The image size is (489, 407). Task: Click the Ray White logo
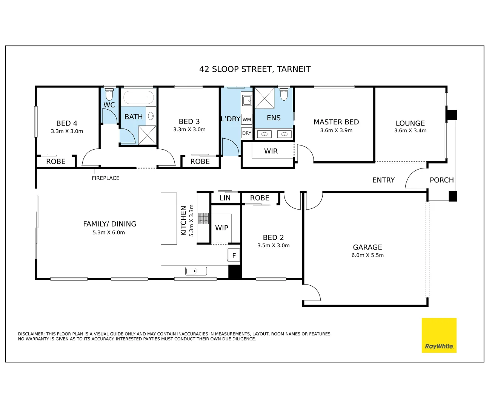click(x=439, y=335)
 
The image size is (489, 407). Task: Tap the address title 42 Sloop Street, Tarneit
click(x=255, y=69)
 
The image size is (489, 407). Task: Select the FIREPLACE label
click(x=105, y=178)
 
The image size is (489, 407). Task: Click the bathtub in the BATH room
click(x=138, y=97)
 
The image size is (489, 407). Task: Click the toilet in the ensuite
click(x=284, y=94)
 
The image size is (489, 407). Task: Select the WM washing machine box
click(x=247, y=119)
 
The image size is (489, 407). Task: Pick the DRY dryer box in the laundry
click(x=247, y=133)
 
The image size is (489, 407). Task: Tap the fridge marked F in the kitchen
click(x=234, y=256)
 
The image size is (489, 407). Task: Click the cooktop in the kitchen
click(x=203, y=219)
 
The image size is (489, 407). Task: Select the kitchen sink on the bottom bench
click(x=196, y=271)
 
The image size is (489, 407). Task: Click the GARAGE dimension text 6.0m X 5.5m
click(x=368, y=255)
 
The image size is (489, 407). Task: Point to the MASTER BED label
click(x=336, y=122)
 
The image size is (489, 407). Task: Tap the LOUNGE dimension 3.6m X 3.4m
click(x=410, y=131)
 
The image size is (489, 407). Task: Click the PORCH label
click(x=441, y=180)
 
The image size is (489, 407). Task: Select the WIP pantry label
click(x=221, y=228)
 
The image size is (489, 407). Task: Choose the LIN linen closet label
click(x=225, y=198)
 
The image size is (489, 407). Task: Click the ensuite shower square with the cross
click(x=264, y=98)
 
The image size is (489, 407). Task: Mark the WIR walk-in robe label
click(x=271, y=151)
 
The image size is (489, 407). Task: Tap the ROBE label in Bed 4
click(x=56, y=162)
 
